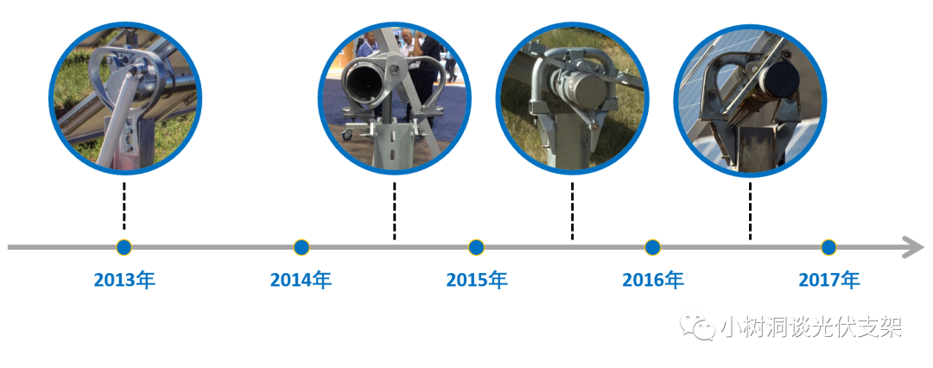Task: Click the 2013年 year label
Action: click(124, 280)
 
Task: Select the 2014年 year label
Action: click(301, 280)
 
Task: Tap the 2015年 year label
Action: click(477, 280)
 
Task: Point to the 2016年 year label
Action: click(653, 280)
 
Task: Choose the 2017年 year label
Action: click(829, 280)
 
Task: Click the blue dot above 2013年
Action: click(124, 247)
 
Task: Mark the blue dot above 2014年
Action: click(301, 247)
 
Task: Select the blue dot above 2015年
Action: click(476, 247)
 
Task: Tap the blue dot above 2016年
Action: click(652, 247)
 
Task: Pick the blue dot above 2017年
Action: click(828, 247)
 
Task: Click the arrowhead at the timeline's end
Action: click(914, 247)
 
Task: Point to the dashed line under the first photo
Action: click(124, 206)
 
